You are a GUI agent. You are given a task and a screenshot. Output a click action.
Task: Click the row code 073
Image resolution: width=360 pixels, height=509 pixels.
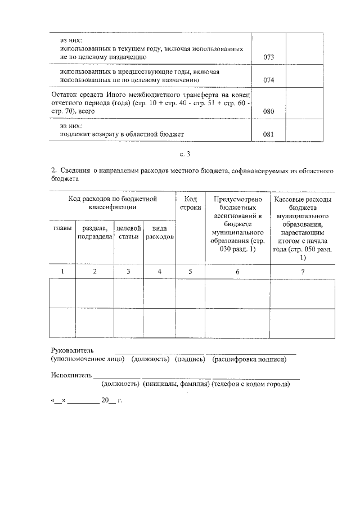(268, 57)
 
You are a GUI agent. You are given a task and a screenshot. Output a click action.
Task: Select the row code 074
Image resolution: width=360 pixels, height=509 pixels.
(268, 80)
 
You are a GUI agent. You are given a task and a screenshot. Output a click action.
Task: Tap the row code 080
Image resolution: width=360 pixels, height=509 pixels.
(268, 111)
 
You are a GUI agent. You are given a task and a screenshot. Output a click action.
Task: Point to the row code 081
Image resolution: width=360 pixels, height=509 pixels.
(268, 134)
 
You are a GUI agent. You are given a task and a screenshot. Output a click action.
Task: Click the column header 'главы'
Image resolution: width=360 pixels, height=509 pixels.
(62, 228)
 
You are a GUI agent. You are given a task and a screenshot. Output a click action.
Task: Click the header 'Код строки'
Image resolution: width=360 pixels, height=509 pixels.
(190, 203)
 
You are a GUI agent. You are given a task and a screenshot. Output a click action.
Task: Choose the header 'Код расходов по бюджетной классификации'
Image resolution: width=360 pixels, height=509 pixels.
(112, 203)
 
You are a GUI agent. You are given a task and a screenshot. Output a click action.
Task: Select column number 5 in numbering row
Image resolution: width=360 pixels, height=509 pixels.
(190, 272)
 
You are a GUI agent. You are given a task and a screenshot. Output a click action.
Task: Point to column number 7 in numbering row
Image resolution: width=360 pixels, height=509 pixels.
(303, 272)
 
